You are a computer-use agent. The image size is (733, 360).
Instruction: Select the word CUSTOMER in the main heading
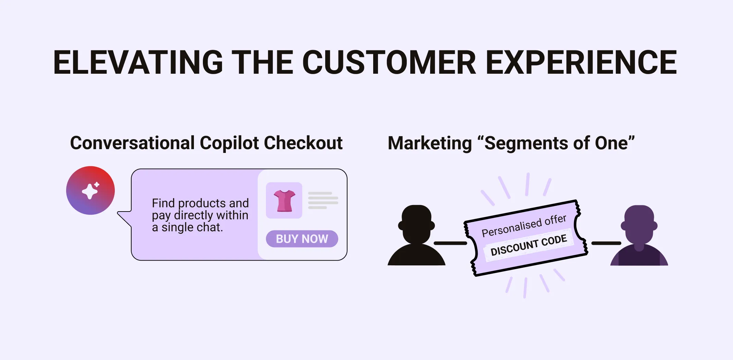[x=389, y=62]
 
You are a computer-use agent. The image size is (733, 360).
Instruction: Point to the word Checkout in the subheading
[x=303, y=143]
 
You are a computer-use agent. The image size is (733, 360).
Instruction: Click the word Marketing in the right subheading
[x=430, y=143]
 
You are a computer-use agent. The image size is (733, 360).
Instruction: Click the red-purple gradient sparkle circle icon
[x=90, y=191]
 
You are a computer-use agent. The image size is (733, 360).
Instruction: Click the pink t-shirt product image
[x=284, y=201]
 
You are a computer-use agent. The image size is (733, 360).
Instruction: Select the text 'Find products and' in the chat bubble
[x=200, y=203]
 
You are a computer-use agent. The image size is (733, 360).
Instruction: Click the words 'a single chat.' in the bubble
[x=187, y=227]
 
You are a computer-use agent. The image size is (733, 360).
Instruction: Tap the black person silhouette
[x=416, y=237]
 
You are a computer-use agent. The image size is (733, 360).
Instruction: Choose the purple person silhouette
[x=639, y=237]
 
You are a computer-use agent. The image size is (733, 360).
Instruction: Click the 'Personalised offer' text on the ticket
[x=524, y=226]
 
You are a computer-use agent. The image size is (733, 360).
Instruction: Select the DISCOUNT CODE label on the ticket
[x=528, y=245]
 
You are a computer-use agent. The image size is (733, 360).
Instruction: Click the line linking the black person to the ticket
[x=450, y=243]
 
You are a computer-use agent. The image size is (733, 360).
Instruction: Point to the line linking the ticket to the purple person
[x=606, y=243]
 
